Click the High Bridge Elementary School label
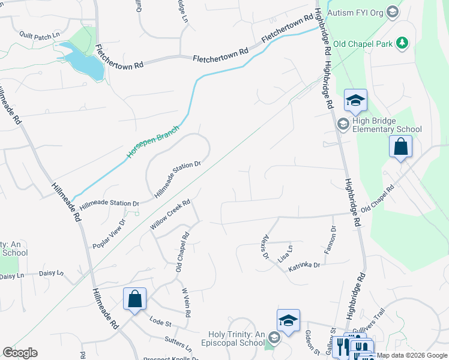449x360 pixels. pos(387,125)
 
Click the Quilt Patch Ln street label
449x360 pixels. pos(40,35)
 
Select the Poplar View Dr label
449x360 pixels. pos(109,233)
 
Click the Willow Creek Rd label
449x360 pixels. pos(170,215)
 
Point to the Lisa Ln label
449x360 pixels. pos(285,253)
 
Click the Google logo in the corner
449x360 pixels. pos(20,353)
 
